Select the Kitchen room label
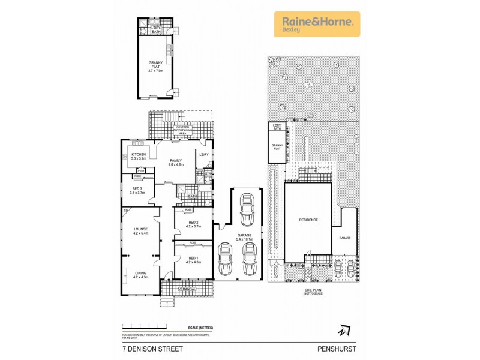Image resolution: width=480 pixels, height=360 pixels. point(138,158)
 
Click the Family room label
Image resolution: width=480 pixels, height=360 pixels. point(176,162)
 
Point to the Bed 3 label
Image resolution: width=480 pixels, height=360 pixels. point(138,190)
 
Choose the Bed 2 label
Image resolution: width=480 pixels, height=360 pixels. point(192,224)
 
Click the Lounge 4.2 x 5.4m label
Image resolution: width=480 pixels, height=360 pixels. point(140,230)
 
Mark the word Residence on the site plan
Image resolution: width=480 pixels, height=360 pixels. point(308,220)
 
